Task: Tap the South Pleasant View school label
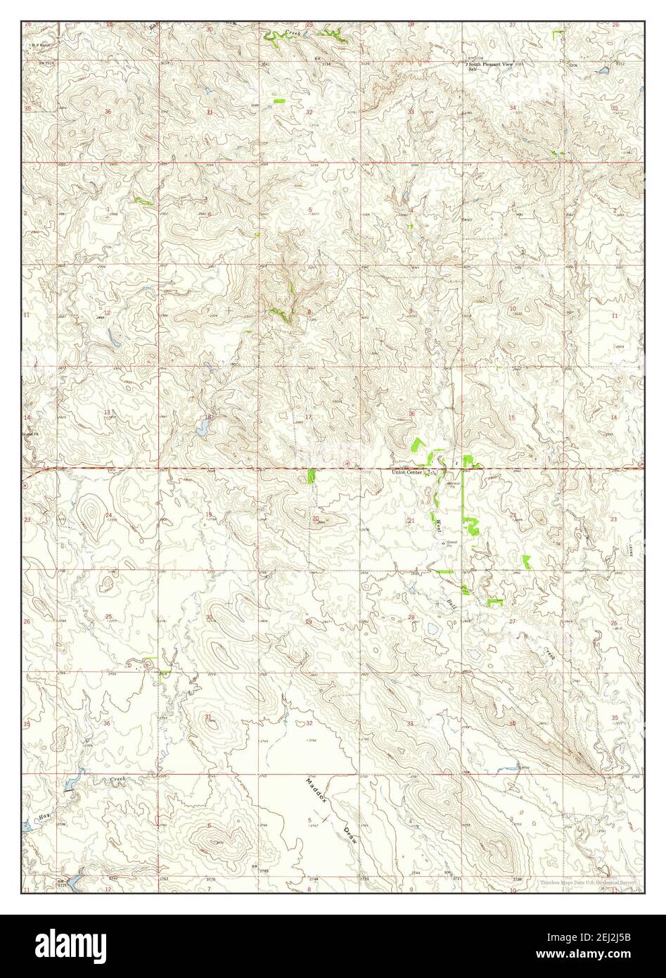coord(492,65)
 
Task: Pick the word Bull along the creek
coord(452,602)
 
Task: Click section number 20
coord(316,519)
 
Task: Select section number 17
coord(307,417)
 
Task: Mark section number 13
coord(108,412)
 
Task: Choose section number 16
coord(411,414)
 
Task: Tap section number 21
coord(411,520)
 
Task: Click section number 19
coord(209,516)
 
